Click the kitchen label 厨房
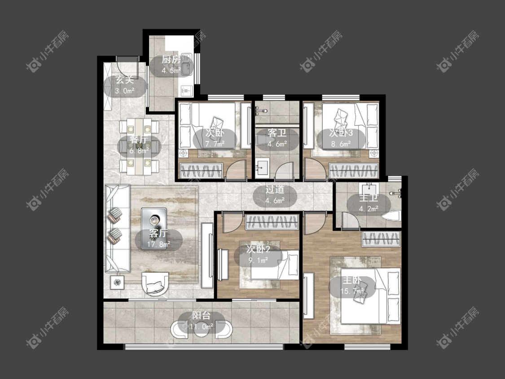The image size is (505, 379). (x=171, y=60)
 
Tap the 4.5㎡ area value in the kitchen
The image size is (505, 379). (x=171, y=70)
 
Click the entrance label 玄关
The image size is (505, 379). (x=125, y=80)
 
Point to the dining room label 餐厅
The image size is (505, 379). (x=139, y=140)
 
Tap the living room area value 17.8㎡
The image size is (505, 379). (x=158, y=244)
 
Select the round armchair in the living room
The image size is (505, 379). (x=155, y=284)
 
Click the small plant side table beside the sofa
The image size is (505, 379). (x=118, y=282)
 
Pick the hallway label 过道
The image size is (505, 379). (x=275, y=189)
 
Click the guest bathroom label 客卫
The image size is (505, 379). (x=277, y=133)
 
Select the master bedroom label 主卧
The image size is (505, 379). (x=351, y=280)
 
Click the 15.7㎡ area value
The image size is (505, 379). (x=352, y=291)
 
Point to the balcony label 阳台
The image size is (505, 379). (x=201, y=316)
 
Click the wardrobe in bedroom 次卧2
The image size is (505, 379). (x=272, y=222)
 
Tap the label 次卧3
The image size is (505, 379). (x=341, y=133)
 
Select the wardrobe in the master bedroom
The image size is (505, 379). (x=381, y=239)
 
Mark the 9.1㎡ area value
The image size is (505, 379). (x=258, y=260)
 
